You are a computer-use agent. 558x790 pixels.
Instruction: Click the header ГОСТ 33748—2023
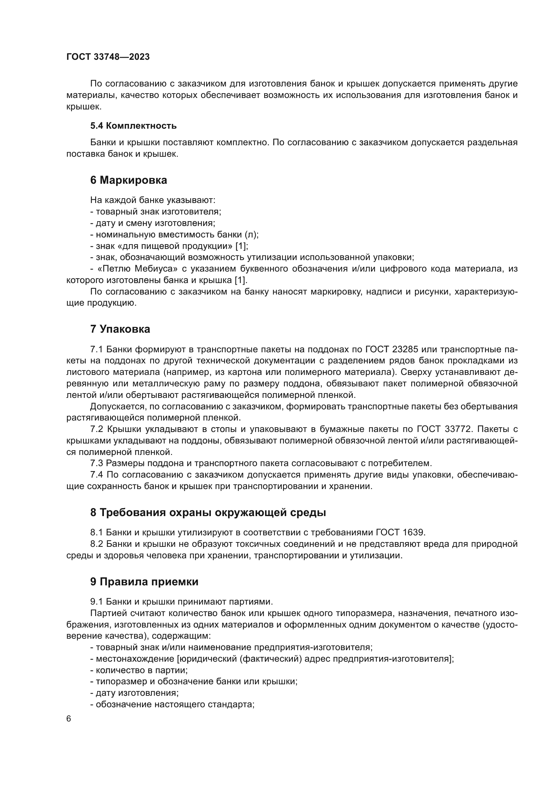tap(108, 57)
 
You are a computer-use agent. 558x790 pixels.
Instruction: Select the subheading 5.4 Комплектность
tap(133, 126)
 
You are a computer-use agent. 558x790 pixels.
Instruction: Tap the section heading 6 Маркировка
tap(129, 180)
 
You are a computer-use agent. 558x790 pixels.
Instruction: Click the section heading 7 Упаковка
tap(120, 329)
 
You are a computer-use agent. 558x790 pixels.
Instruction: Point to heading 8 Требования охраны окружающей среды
tap(208, 513)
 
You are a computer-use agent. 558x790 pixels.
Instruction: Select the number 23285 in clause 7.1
tap(405, 349)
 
